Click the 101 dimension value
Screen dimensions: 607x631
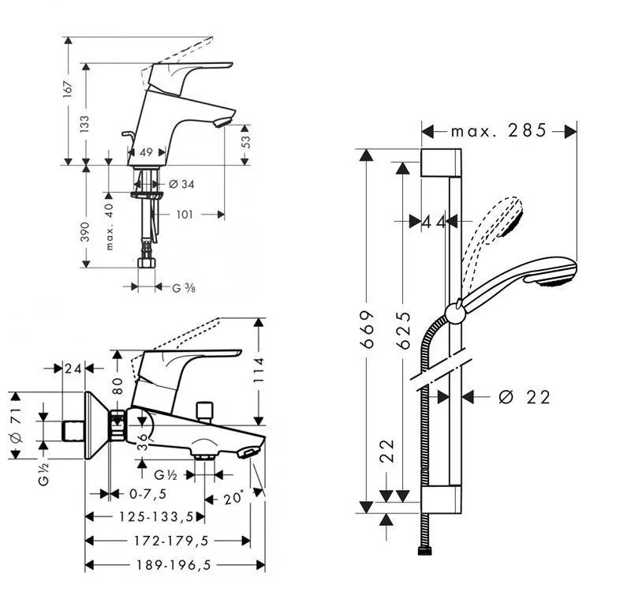185,213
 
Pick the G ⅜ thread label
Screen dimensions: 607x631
184,288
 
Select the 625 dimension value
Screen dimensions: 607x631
403,325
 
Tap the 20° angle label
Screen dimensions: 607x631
233,499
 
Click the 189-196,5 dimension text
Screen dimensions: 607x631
165,565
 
